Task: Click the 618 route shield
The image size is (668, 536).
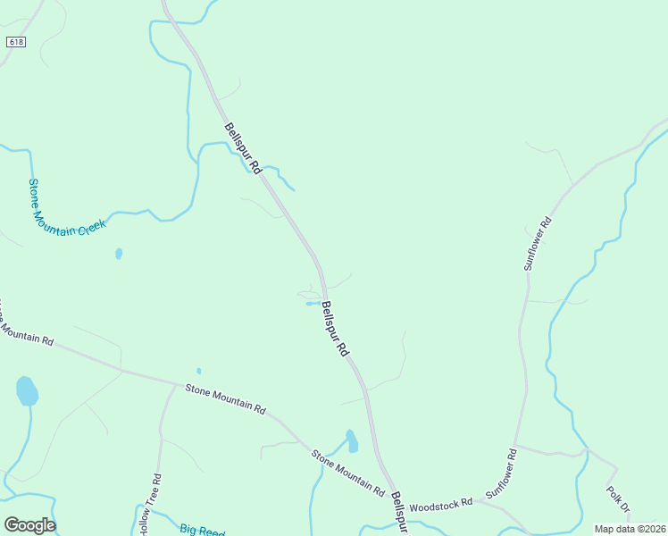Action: click(x=15, y=42)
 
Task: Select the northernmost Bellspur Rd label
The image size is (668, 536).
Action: click(x=244, y=148)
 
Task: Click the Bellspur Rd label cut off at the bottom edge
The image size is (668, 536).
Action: click(x=399, y=512)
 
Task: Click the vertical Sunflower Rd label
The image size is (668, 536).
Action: click(x=539, y=244)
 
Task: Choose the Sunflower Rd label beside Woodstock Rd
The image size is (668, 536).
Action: click(x=501, y=473)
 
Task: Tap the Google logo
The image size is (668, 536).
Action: click(x=29, y=524)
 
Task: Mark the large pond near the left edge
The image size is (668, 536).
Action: click(x=27, y=390)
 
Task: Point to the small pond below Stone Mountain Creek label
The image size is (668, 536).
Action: click(x=119, y=254)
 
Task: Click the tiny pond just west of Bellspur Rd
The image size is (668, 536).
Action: click(x=311, y=304)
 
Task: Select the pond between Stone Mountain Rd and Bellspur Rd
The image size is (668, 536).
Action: click(x=352, y=441)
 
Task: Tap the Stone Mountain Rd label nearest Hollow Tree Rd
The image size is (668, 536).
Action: click(x=225, y=399)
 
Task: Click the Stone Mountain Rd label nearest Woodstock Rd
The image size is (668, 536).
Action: click(x=347, y=473)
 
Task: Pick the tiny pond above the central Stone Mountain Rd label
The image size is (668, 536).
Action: click(x=198, y=371)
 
